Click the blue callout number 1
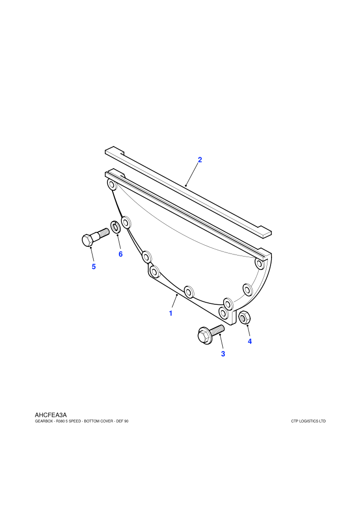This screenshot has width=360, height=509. pyautogui.click(x=170, y=313)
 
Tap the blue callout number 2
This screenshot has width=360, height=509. pyautogui.click(x=200, y=160)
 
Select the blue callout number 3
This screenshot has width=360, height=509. pyautogui.click(x=223, y=354)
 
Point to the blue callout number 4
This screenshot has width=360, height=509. pyautogui.click(x=249, y=341)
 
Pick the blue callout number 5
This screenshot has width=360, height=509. pyautogui.click(x=94, y=266)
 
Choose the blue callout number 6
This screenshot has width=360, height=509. pyautogui.click(x=120, y=254)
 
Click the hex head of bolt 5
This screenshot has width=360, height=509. pyautogui.click(x=87, y=240)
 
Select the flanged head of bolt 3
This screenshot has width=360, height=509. pyautogui.click(x=205, y=336)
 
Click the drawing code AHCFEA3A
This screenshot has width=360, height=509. pyautogui.click(x=50, y=415)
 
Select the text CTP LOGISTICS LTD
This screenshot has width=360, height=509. pyautogui.click(x=309, y=422)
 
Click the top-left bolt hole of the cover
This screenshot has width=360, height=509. pyautogui.click(x=112, y=186)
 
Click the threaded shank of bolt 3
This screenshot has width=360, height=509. pyautogui.click(x=218, y=330)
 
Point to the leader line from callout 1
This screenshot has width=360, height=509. pyautogui.click(x=174, y=302)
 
